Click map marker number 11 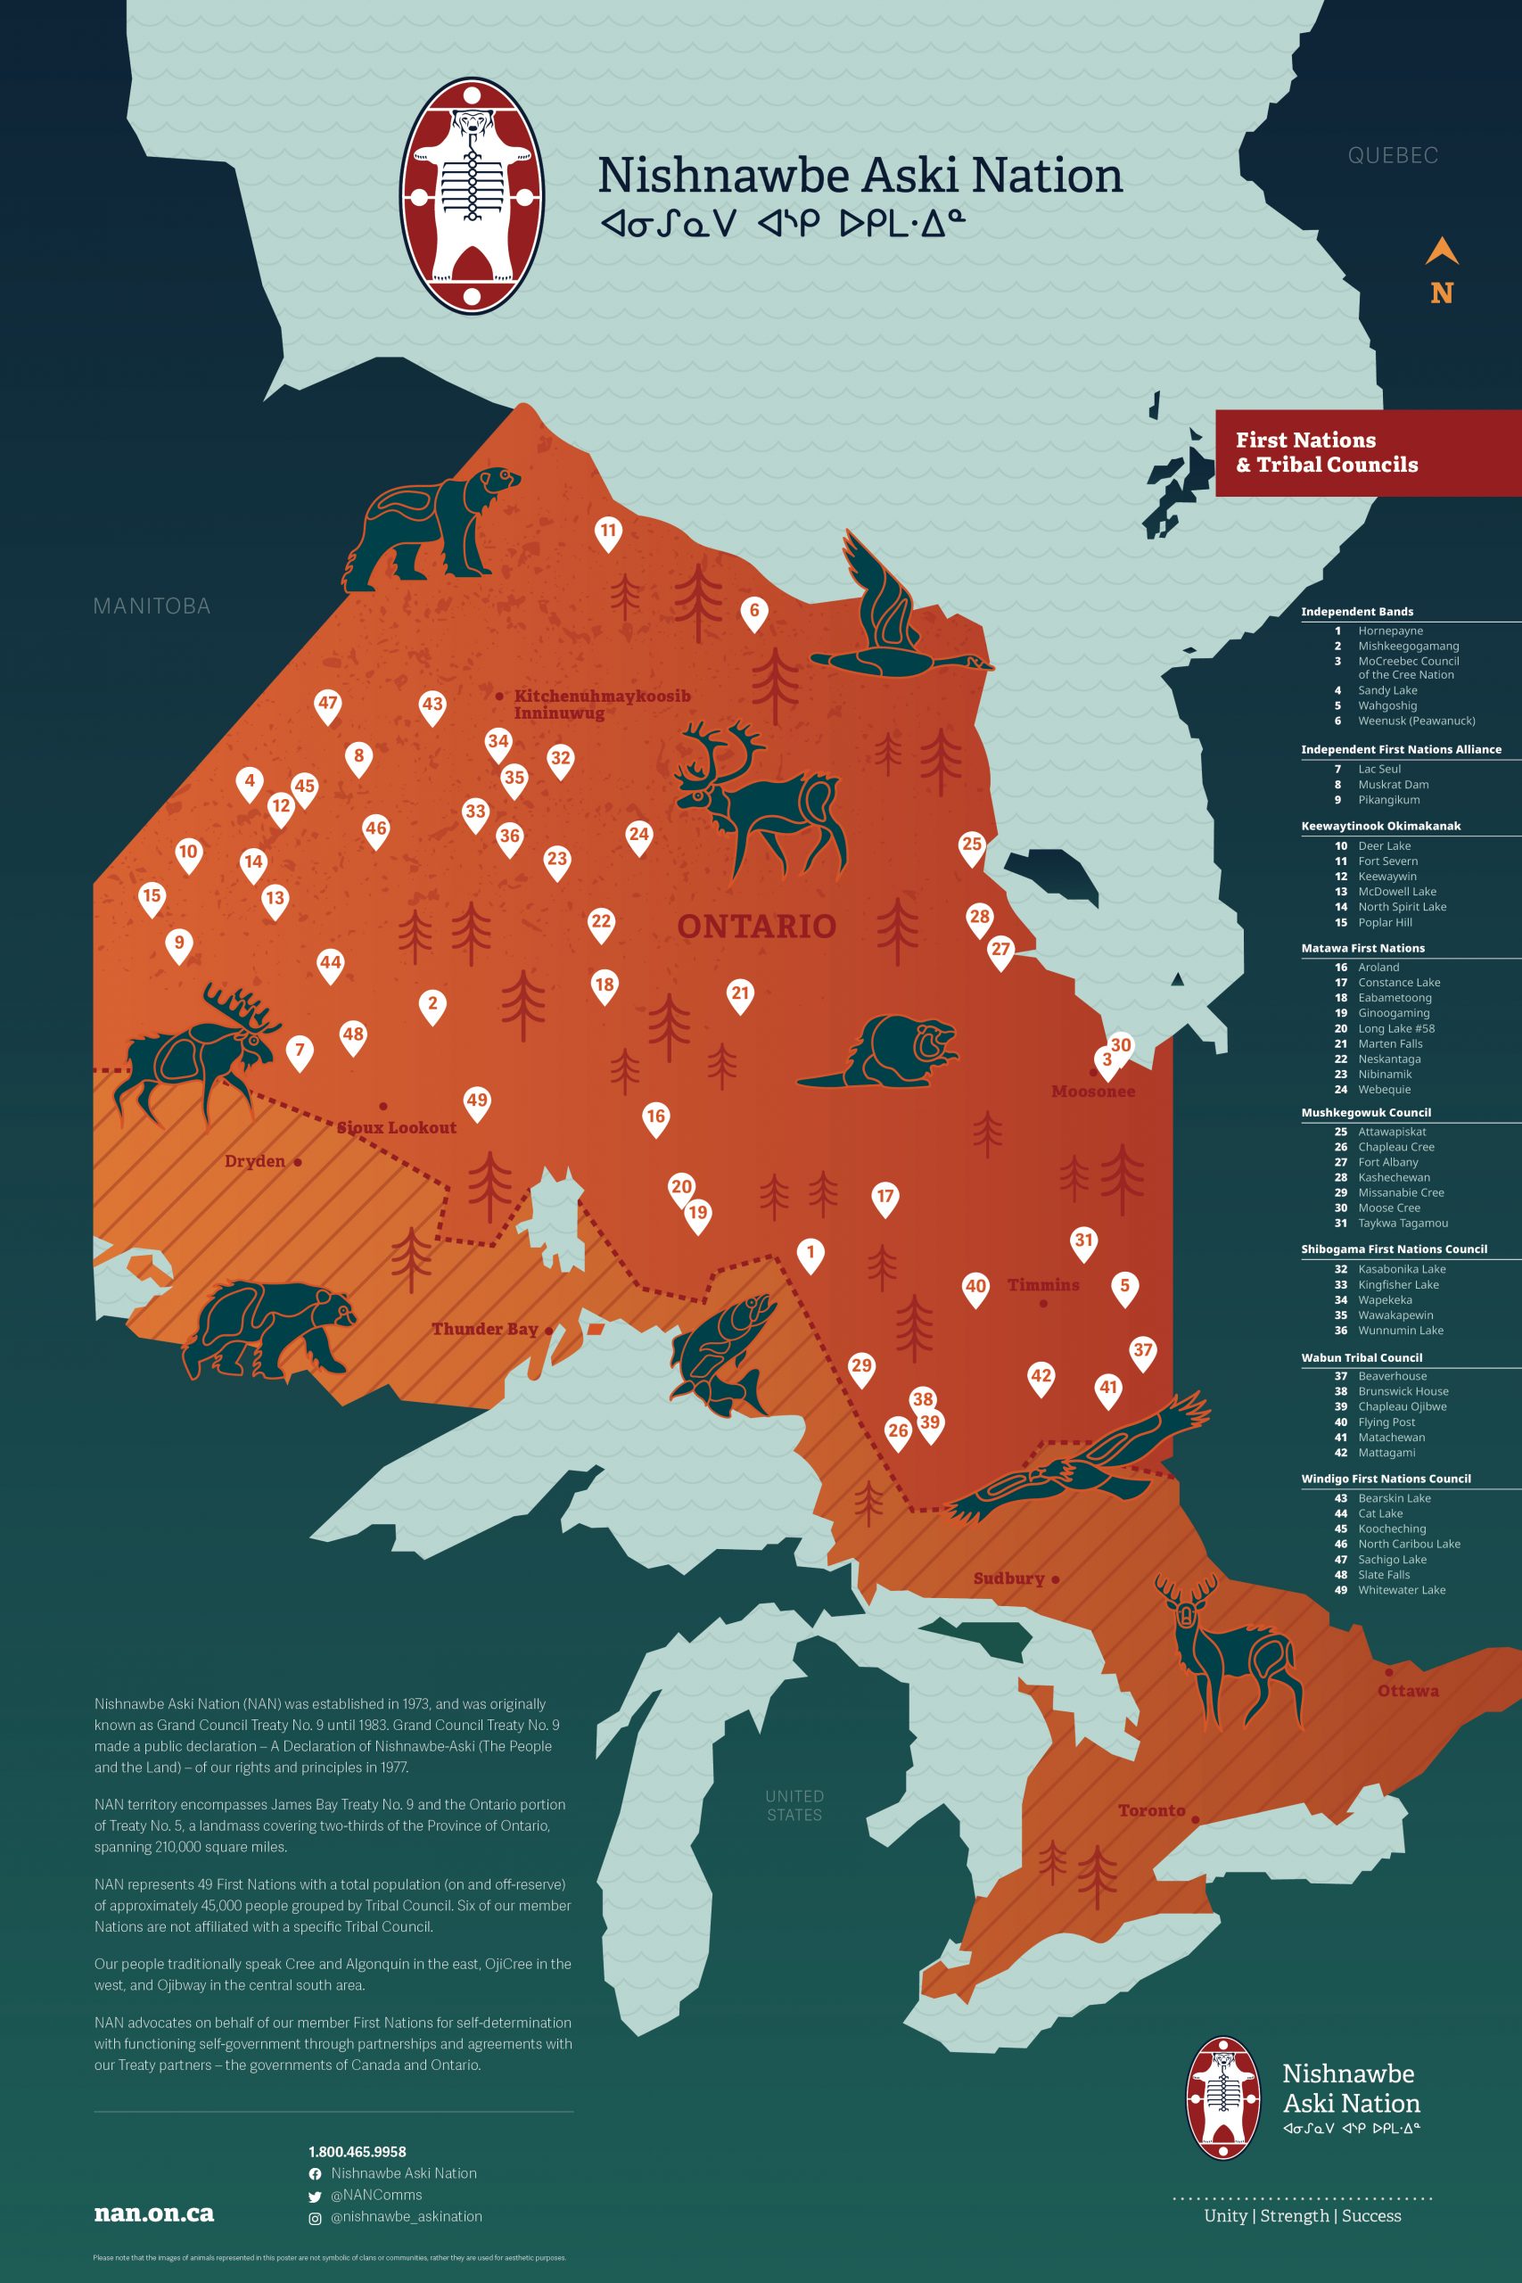click(x=607, y=531)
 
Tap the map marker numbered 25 click(x=972, y=845)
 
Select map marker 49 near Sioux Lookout click(x=477, y=1100)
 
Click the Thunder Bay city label click(x=484, y=1329)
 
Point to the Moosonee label click(x=1093, y=1091)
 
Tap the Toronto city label click(x=1151, y=1810)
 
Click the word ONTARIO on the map click(x=756, y=926)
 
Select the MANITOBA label click(x=152, y=606)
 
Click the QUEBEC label click(x=1392, y=155)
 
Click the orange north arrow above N click(x=1442, y=251)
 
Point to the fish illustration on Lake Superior click(x=723, y=1354)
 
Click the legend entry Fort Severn click(x=1387, y=861)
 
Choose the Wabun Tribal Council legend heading click(x=1362, y=1357)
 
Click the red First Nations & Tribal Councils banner click(x=1367, y=452)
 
